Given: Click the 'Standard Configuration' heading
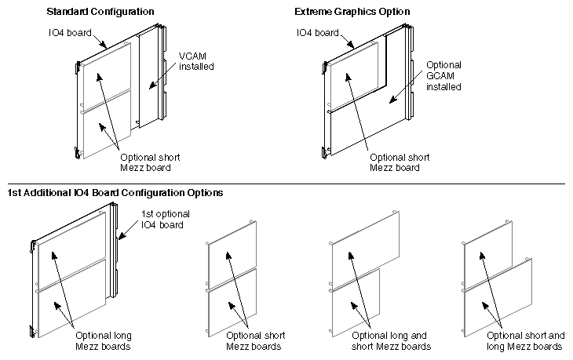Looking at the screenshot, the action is (100, 12).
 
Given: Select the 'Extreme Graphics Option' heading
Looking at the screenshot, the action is (352, 12).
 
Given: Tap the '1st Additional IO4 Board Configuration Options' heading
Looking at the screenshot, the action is (115, 192).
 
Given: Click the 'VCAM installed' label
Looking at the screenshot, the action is (196, 61).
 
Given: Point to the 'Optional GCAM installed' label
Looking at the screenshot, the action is (443, 76).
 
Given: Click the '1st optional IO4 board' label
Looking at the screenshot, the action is (166, 219).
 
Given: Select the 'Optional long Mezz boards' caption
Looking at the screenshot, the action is (104, 340).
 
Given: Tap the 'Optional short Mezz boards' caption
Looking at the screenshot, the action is (255, 340).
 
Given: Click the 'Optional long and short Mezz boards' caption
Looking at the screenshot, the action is (391, 340).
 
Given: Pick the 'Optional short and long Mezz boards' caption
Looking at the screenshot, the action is (525, 340).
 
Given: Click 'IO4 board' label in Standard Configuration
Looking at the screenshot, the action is (70, 33).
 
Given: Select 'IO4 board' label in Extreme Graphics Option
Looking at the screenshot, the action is (318, 33).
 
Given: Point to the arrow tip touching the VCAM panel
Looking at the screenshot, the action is (150, 87).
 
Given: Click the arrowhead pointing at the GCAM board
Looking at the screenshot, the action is (391, 102).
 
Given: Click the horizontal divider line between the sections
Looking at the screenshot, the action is (286, 184).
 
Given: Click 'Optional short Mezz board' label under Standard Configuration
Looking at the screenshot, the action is (150, 162).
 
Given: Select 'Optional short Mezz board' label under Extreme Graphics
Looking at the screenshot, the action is (400, 162).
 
